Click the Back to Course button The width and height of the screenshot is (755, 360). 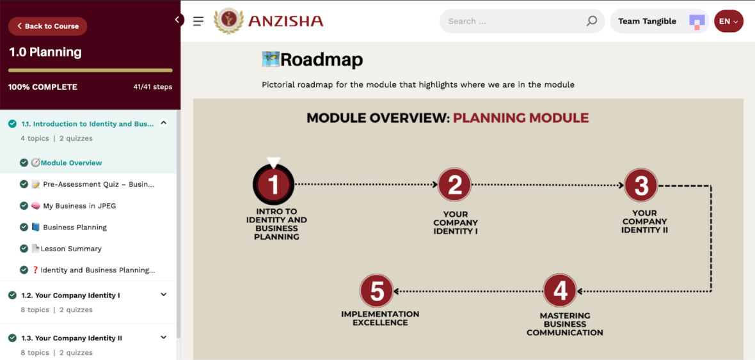tap(48, 26)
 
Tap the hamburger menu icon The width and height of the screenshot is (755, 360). tap(198, 21)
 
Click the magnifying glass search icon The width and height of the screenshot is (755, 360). tap(592, 21)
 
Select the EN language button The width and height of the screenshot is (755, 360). tap(729, 21)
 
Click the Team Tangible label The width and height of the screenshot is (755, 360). tap(647, 21)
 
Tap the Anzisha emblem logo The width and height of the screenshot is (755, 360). tap(228, 21)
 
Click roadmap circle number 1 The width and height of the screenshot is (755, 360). tap(273, 185)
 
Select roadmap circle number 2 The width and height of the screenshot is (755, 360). tap(454, 184)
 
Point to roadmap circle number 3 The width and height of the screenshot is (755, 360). tap(641, 185)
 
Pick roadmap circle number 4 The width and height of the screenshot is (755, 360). tap(560, 291)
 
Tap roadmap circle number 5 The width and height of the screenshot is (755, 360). tap(377, 291)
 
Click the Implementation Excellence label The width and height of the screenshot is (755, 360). tap(381, 318)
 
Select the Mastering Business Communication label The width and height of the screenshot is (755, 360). tap(565, 324)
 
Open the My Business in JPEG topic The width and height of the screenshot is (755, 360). tap(79, 206)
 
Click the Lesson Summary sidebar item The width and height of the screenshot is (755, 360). tap(71, 249)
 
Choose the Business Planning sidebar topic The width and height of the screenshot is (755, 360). tap(75, 227)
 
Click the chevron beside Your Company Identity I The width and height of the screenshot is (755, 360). tap(164, 295)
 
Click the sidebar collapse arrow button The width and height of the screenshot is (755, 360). tap(177, 20)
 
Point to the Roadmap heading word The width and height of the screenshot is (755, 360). tap(322, 60)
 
